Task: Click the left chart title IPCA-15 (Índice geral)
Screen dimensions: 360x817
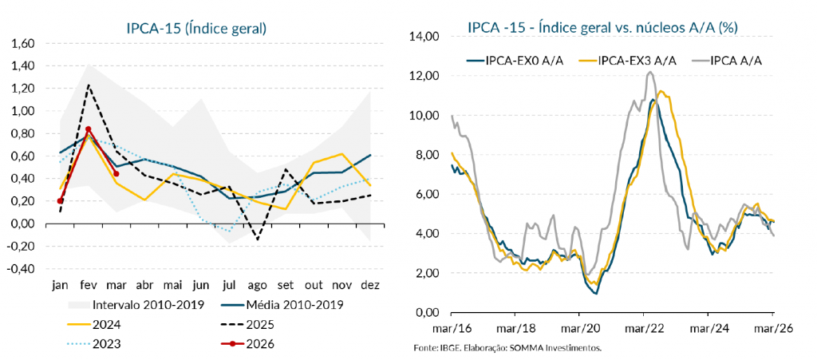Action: point(196,28)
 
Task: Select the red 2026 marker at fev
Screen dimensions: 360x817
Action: point(88,129)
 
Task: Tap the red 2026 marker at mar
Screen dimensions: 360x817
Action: point(116,173)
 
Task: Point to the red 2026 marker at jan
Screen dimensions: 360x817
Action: point(60,200)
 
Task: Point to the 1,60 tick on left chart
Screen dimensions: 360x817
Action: point(24,43)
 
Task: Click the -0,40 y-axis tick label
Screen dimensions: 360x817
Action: point(21,269)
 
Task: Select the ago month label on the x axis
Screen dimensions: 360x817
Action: point(258,285)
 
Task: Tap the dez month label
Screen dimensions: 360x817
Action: point(371,285)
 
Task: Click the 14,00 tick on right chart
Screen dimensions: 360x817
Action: point(424,37)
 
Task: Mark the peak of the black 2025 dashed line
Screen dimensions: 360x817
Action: point(89,85)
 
